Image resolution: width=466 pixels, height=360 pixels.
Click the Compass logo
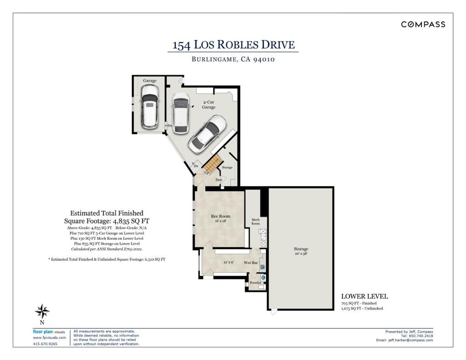423,25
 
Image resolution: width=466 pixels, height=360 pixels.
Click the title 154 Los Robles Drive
233,45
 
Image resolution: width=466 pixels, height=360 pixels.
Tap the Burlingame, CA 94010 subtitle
233,59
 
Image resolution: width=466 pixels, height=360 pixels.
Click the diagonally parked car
208,134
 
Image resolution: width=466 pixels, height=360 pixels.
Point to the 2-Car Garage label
208,105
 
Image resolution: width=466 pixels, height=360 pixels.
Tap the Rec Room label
221,217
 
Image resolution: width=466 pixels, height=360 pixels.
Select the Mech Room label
256,222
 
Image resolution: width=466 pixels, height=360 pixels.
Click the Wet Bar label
251,263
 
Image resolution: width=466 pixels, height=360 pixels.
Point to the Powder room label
256,283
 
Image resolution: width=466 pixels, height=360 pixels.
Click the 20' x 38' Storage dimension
301,254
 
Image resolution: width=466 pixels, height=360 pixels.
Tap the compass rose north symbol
42,312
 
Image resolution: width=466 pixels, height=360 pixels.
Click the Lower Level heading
365,296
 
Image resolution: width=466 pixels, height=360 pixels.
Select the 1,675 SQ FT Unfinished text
362,309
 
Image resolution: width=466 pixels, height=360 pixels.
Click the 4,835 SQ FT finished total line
106,221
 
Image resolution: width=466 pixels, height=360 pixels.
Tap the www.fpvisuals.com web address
49,338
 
